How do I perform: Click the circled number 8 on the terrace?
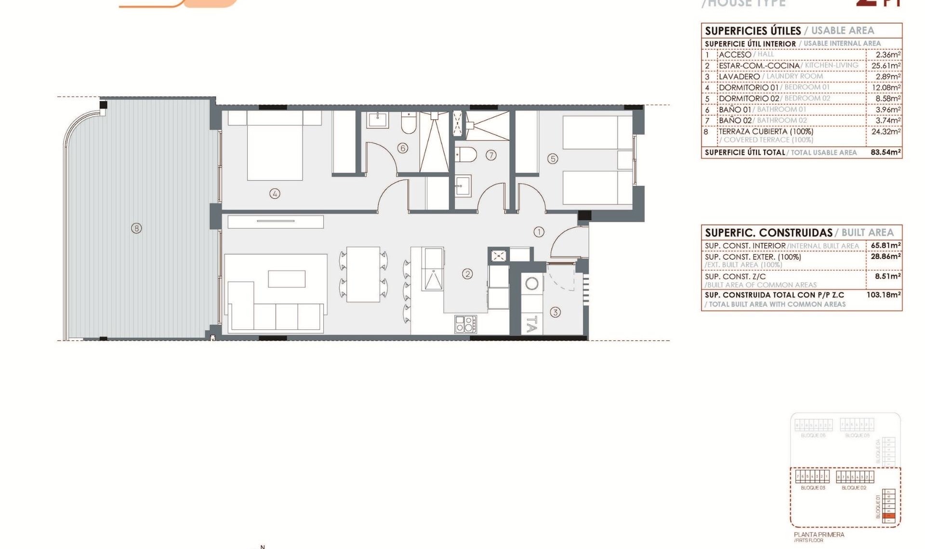(136, 228)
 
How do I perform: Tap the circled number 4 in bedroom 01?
(275, 194)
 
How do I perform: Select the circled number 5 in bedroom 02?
(553, 158)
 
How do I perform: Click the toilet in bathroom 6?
(409, 124)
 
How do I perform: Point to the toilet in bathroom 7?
(466, 155)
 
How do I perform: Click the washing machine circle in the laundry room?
(532, 284)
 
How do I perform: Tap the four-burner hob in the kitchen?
(466, 324)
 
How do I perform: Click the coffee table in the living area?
(287, 279)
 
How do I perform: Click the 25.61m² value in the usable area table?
(885, 65)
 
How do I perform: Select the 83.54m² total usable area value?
(885, 152)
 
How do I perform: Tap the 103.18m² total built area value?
(883, 295)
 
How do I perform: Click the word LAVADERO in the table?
(739, 77)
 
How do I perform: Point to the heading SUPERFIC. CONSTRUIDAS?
(768, 233)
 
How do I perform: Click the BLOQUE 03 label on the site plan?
(813, 488)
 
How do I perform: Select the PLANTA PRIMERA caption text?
(819, 535)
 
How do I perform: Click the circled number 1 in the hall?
(539, 232)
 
